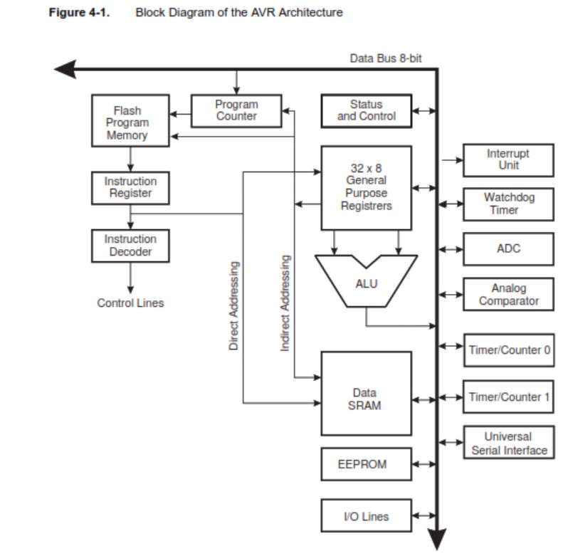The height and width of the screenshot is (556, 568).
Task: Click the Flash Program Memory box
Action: pos(130,122)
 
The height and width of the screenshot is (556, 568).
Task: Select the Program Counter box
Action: pos(236,110)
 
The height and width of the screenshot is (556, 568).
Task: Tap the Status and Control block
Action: pos(366,110)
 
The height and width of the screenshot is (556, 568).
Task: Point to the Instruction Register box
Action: pos(130,187)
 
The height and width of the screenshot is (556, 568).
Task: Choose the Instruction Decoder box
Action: pos(130,246)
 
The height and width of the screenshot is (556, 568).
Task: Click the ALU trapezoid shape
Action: pos(366,283)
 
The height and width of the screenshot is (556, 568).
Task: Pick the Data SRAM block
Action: pos(366,399)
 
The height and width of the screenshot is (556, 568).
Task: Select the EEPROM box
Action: pos(366,464)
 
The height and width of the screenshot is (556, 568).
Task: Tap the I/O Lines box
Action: pos(366,516)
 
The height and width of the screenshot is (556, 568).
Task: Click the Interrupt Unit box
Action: pos(508,160)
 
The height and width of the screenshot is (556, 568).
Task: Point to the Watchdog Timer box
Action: pos(508,204)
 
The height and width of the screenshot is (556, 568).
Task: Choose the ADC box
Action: pos(508,248)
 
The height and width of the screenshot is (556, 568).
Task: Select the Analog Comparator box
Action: pos(508,295)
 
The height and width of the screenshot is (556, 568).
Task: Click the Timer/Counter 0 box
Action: pos(508,350)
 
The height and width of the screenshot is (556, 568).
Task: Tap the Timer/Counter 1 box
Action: pos(508,397)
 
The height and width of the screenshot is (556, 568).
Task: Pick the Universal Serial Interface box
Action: pos(508,443)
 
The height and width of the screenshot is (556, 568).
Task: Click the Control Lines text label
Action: pos(130,303)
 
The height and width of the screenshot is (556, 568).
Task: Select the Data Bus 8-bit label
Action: pos(385,58)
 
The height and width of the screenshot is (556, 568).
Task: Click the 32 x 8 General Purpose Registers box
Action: pos(366,188)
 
